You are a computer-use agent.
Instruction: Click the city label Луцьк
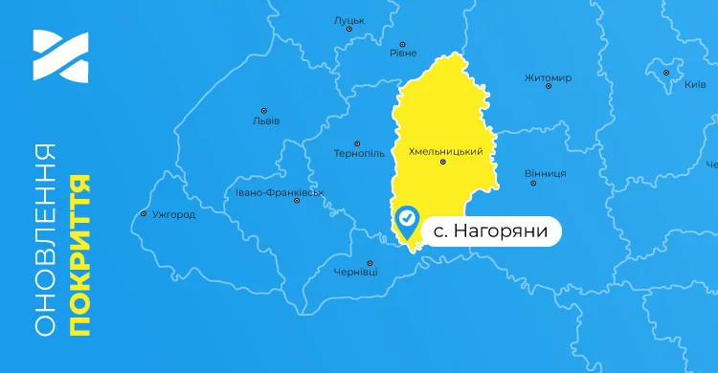coord(349,19)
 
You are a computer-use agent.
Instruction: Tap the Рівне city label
coord(403,54)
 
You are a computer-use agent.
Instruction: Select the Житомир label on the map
coord(549,77)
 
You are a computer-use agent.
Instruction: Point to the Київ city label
coord(696,85)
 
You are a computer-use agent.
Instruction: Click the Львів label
coord(265,121)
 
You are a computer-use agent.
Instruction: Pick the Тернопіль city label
coord(359,153)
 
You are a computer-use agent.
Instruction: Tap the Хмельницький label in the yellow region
coord(444,152)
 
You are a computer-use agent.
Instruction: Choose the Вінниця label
coord(546,173)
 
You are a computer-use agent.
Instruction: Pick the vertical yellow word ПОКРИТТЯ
coord(80,254)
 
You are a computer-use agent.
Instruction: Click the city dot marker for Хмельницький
coord(442,163)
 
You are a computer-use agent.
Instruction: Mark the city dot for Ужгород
coord(144,213)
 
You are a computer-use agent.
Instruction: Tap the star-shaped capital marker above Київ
coord(667,71)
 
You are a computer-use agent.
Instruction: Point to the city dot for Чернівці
coord(370,262)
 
